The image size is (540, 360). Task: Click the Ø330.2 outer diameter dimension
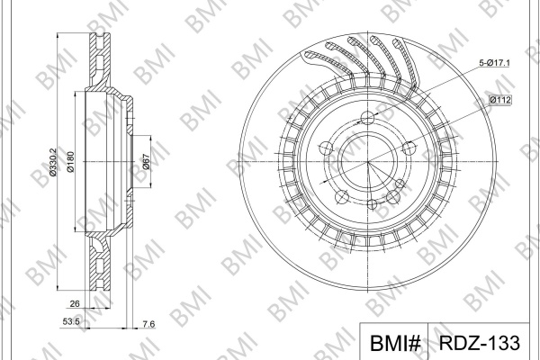pos(53,162)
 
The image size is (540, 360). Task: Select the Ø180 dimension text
pos(70,162)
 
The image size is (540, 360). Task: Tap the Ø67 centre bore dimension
pos(147,162)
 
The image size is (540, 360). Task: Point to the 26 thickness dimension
pos(75,303)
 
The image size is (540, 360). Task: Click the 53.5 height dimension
pos(71,322)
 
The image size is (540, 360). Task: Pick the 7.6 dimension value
pos(148,324)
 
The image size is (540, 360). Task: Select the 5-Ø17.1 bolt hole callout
pos(495,63)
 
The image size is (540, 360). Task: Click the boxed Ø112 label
pos(500,100)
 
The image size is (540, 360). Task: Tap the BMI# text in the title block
pos(395,343)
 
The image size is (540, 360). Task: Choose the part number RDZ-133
pos(480,342)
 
